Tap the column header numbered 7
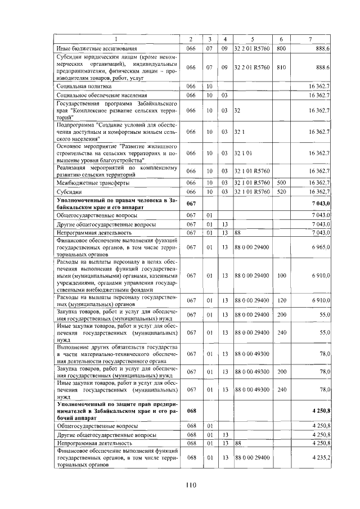click(310, 39)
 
